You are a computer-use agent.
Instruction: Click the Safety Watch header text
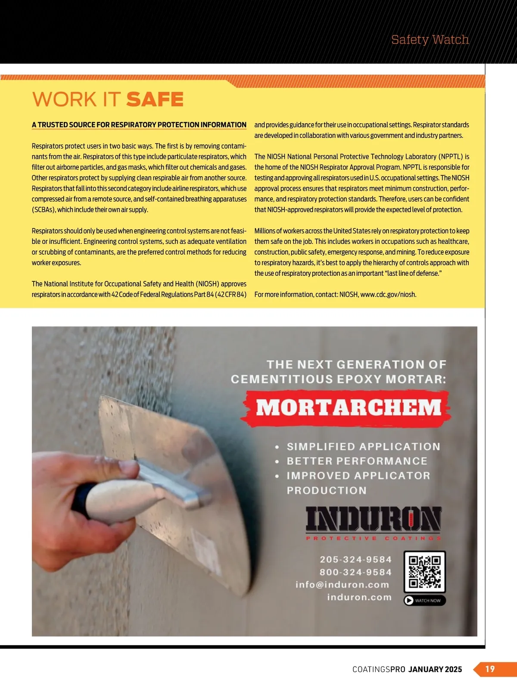point(430,40)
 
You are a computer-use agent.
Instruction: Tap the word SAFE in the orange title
point(155,100)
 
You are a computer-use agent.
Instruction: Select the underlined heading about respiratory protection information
point(139,125)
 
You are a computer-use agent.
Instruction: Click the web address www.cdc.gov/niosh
point(388,295)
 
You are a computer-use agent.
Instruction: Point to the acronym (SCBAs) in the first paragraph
point(44,210)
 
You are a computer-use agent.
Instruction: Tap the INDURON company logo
point(374,519)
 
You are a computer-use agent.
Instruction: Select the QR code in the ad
point(425,572)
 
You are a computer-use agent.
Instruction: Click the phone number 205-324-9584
point(356,559)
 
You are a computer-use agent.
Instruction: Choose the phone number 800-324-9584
point(356,572)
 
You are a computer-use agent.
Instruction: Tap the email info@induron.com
point(343,585)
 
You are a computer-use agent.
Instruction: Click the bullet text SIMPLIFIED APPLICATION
point(364,447)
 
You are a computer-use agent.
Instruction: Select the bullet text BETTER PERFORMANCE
point(357,461)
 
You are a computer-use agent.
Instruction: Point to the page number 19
point(490,669)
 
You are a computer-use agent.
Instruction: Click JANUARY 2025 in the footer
point(435,670)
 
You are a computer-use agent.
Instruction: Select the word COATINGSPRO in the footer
point(379,670)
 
